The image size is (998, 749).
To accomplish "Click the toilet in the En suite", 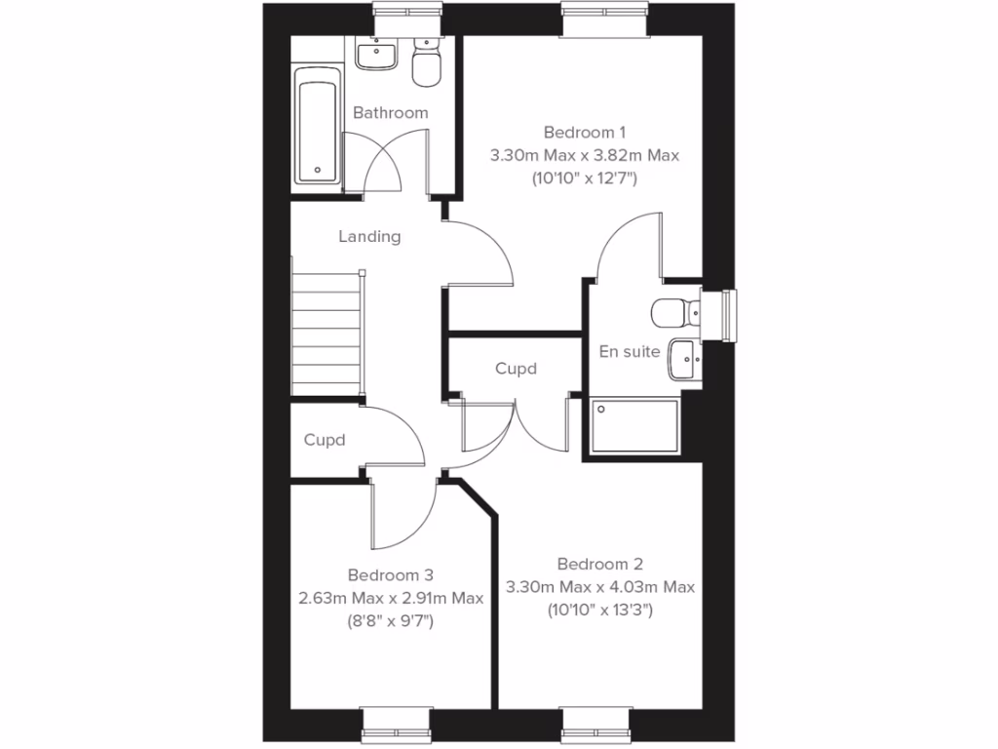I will (x=675, y=312).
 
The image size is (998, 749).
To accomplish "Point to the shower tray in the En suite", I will (x=634, y=425).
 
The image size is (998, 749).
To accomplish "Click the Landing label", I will (x=369, y=236).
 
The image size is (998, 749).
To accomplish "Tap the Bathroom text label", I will (x=390, y=113).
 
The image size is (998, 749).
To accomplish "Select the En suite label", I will (x=630, y=351).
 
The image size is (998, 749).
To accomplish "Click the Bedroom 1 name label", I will (x=584, y=132).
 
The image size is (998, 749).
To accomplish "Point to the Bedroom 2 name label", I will (x=599, y=564).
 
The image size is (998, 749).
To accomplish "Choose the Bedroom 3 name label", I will (x=390, y=575).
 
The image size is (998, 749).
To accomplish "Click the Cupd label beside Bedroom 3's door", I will (x=325, y=440).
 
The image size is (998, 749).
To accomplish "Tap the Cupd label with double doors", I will (x=516, y=369).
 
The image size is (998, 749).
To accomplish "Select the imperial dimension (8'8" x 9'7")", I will (x=390, y=618).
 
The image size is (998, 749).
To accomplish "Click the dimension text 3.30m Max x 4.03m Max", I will (x=599, y=586).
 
